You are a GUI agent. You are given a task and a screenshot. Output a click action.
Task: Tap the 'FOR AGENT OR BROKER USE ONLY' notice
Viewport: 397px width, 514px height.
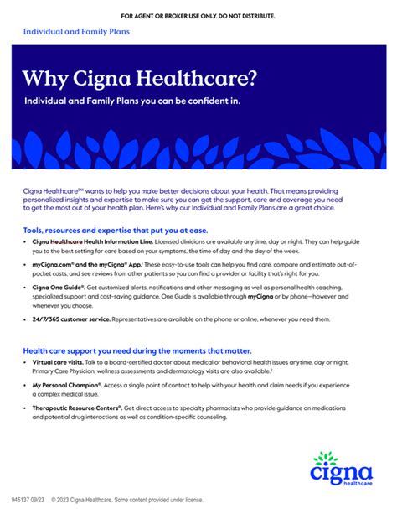198,16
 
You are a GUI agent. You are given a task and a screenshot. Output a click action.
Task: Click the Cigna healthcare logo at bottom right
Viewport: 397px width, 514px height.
338,472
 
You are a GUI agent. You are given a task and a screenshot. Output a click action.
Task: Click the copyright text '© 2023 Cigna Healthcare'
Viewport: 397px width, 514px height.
106,500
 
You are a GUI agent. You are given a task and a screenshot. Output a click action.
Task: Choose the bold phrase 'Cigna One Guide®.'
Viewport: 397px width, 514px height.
59,287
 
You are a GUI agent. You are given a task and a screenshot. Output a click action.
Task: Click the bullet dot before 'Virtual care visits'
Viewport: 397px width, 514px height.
25,362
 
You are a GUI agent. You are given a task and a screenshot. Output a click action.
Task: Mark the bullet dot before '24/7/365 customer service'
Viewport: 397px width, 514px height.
25,319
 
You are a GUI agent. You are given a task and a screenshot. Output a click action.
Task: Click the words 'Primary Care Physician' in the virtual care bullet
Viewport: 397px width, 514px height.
65,372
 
